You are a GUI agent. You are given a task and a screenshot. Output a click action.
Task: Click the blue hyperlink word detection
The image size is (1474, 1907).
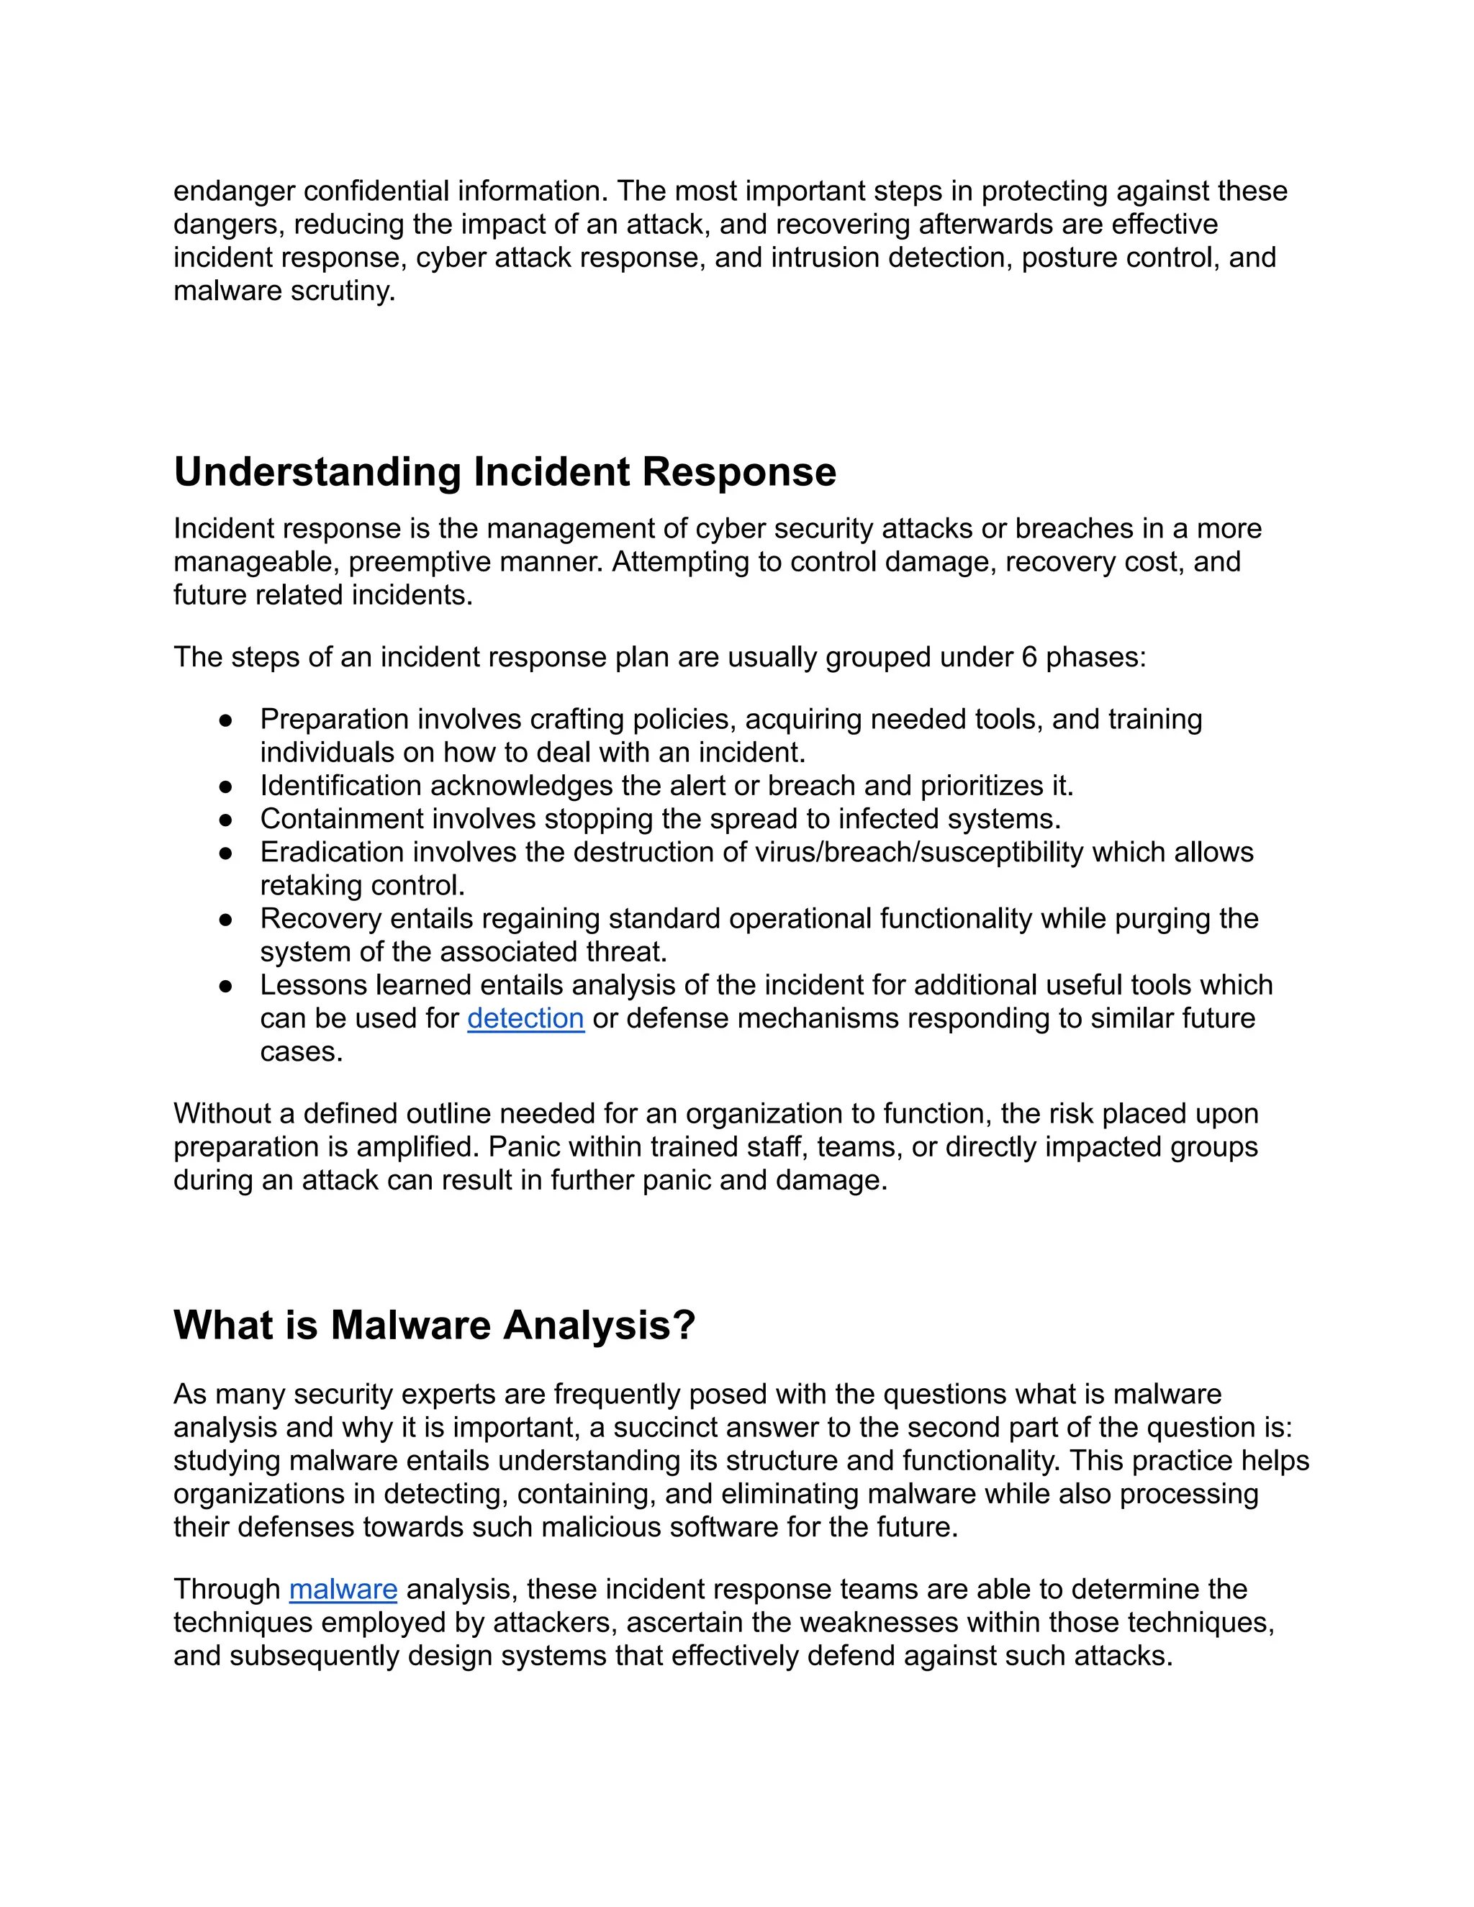(525, 1018)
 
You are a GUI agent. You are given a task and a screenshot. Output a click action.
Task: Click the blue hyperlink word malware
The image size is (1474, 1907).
(343, 1589)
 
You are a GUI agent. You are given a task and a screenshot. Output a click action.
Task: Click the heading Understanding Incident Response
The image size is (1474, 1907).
(505, 472)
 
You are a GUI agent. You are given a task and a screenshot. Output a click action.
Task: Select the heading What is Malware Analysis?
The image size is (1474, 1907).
(434, 1326)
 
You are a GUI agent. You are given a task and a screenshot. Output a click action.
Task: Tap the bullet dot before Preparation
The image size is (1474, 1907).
(226, 720)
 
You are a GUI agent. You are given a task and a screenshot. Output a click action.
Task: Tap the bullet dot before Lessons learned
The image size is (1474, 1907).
(226, 986)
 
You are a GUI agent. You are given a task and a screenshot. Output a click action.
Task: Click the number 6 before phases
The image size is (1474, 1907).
(1028, 656)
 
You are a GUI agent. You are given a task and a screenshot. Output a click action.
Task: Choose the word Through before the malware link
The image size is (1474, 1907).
(227, 1589)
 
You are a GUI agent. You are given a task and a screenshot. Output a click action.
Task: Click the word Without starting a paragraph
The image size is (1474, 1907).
(222, 1113)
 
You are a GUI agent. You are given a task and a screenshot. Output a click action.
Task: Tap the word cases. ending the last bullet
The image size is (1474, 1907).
(302, 1051)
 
